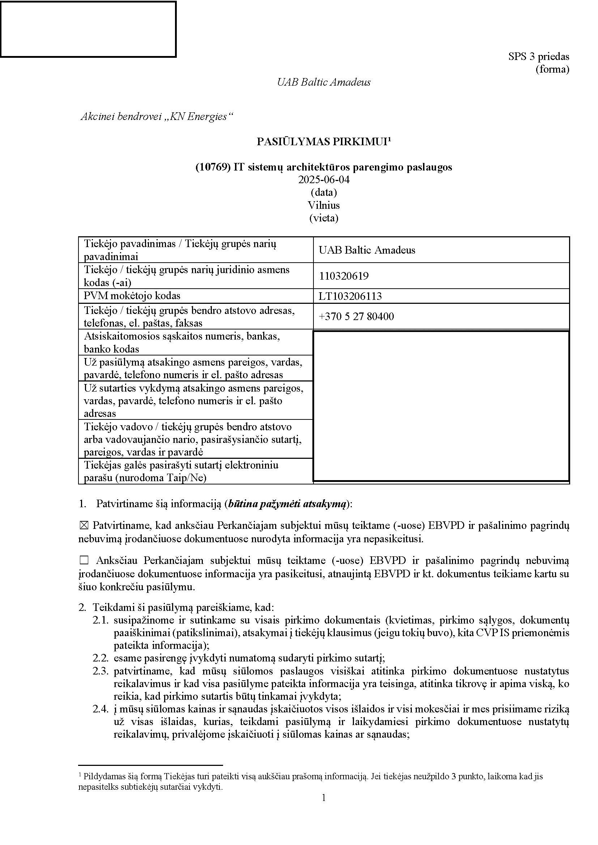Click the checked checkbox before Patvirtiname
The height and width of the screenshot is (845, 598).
(x=84, y=526)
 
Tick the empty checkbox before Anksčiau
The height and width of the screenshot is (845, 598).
(x=84, y=561)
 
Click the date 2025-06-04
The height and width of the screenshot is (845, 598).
(x=324, y=180)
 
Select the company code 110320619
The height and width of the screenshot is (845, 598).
(x=343, y=276)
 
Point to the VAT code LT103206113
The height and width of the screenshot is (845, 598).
(x=350, y=296)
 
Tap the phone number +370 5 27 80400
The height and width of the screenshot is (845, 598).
(x=356, y=316)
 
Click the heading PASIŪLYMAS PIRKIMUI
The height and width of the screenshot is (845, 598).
(x=322, y=142)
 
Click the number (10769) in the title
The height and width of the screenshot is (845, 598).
(x=213, y=167)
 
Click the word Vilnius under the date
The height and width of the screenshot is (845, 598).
(x=324, y=205)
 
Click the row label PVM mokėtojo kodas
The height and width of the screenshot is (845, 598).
(x=132, y=296)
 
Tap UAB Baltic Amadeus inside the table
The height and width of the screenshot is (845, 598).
(x=367, y=250)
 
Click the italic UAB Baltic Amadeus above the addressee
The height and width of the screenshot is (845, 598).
(x=324, y=82)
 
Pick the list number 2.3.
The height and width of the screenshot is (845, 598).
(x=101, y=671)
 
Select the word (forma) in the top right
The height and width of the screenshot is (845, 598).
(x=552, y=69)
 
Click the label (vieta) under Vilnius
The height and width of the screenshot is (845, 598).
(x=324, y=218)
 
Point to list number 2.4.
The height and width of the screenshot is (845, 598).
(x=101, y=709)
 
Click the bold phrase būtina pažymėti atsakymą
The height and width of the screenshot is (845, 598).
(x=287, y=504)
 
